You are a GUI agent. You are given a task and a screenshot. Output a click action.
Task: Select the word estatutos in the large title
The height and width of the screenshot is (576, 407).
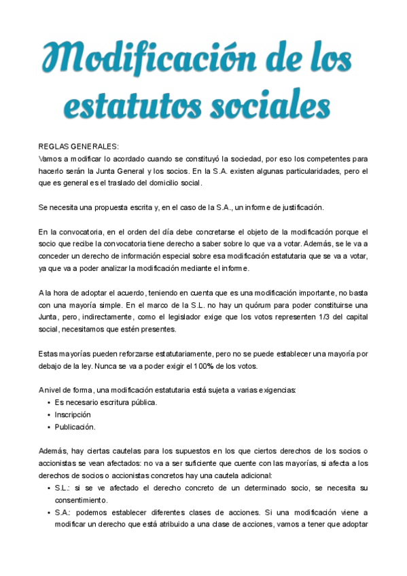pyautogui.click(x=128, y=106)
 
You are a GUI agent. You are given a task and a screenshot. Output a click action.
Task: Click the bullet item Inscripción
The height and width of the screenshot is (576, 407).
pyautogui.click(x=73, y=414)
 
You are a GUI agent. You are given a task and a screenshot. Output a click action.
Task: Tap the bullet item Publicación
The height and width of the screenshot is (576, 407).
pyautogui.click(x=75, y=427)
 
